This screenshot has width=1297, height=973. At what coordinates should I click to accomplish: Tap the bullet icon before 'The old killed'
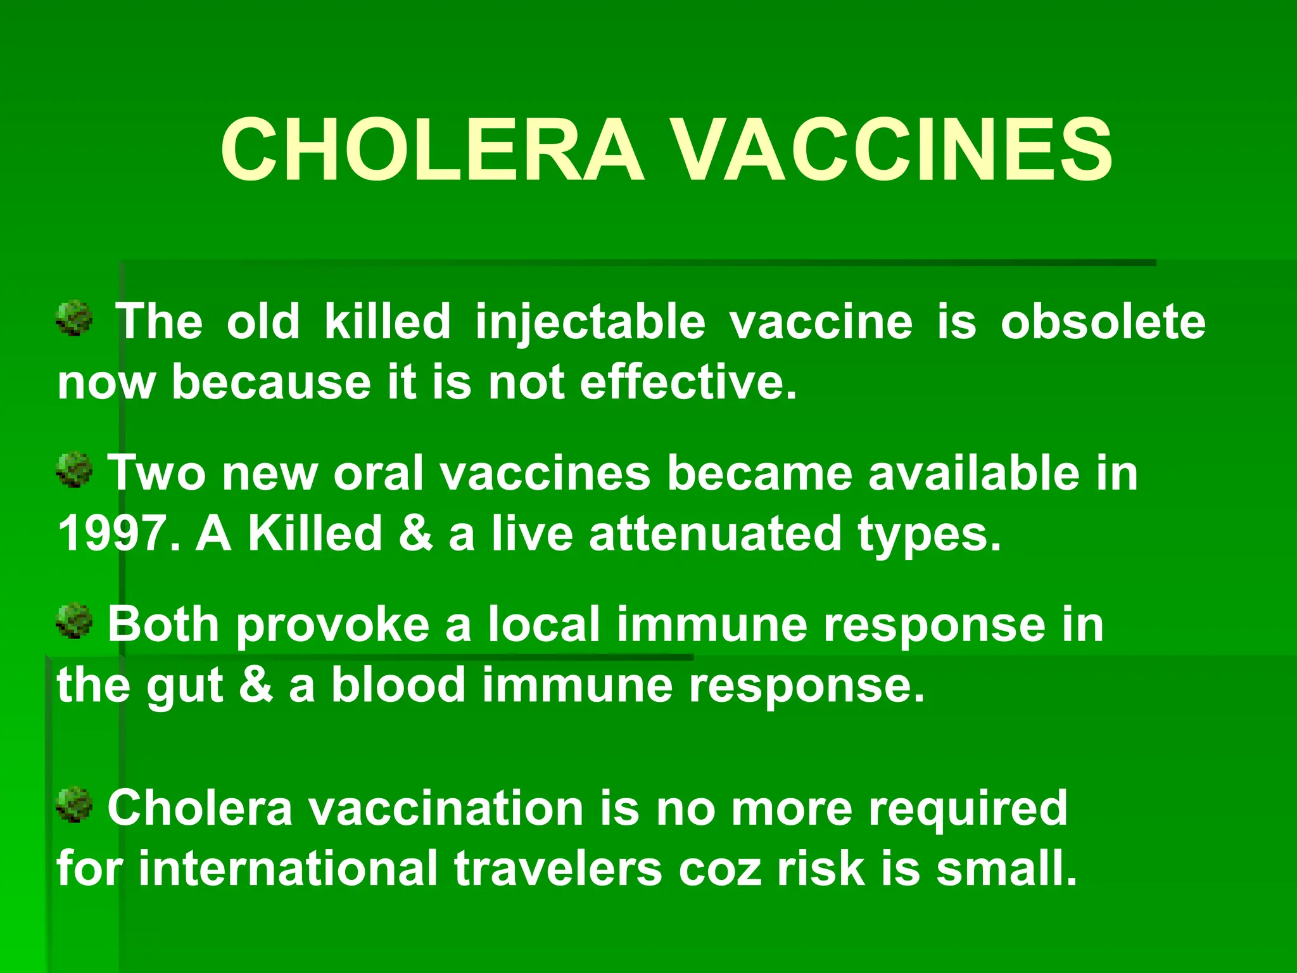point(75,319)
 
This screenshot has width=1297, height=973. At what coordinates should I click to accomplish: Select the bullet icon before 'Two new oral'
point(75,469)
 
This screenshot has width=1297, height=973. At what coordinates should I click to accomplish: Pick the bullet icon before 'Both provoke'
point(75,621)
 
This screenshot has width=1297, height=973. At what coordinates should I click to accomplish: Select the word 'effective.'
point(688,383)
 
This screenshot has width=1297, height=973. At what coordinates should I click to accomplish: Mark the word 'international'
point(288,868)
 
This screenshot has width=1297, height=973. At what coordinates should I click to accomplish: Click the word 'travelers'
point(558,868)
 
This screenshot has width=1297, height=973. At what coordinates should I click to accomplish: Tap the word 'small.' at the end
point(1007,868)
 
